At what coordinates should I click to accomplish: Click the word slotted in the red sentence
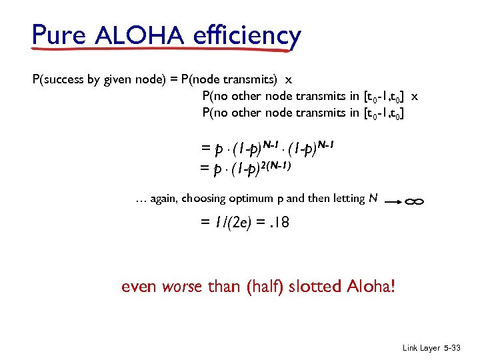(316, 287)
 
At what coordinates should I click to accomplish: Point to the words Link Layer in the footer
(421, 349)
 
